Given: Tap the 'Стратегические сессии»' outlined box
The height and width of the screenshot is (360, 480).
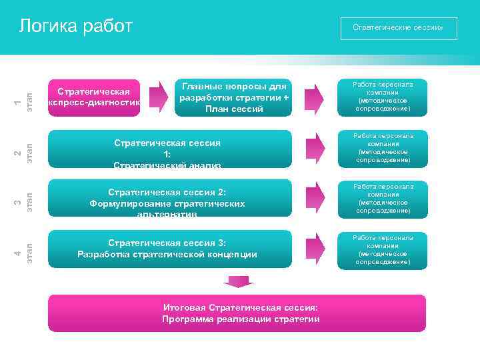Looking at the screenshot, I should tap(397, 29).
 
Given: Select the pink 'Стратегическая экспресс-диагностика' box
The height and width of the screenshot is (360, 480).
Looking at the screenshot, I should tap(94, 97).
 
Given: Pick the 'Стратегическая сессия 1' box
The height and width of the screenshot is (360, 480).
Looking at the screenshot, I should tap(170, 149).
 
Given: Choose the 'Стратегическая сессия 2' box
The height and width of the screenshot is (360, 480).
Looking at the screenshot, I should tap(170, 198).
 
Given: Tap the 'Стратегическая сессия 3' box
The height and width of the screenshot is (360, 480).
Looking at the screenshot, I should tap(170, 248).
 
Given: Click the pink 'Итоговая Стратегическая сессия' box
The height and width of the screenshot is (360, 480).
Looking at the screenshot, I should tap(237, 313).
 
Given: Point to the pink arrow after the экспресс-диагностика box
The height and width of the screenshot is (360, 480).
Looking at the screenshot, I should tap(158, 97).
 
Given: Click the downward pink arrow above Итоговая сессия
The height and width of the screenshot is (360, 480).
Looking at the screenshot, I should tap(236, 282).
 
